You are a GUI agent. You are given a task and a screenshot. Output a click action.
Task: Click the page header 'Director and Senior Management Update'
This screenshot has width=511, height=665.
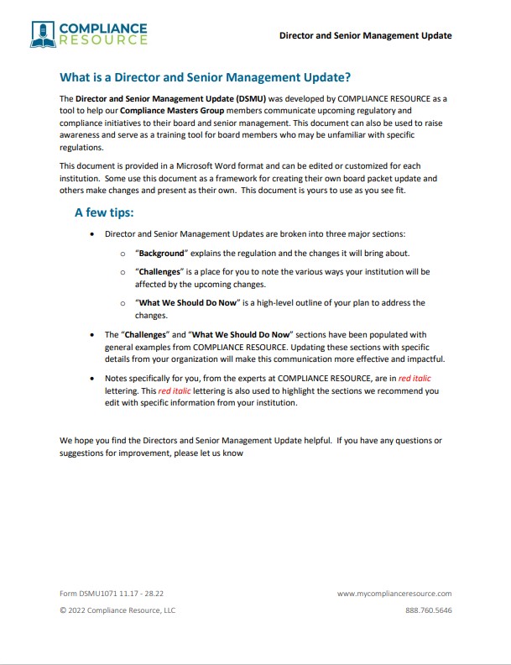coord(365,35)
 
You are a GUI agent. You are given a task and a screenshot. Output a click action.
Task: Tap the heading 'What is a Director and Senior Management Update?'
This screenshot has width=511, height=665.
coord(205,78)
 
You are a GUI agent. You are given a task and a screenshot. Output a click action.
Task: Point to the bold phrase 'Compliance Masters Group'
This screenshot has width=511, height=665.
coord(173,111)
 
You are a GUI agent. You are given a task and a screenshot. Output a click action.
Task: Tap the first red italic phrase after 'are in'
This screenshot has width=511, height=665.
coord(417,379)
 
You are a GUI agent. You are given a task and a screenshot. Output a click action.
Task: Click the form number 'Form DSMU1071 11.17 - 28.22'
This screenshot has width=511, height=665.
coord(112,593)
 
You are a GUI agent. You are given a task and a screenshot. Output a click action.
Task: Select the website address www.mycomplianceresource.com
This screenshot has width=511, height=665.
coord(394,593)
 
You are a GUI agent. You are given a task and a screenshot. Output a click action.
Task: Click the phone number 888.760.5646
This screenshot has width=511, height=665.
coord(428,610)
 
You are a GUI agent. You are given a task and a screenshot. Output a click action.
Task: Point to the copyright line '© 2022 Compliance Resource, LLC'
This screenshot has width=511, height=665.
coord(117,610)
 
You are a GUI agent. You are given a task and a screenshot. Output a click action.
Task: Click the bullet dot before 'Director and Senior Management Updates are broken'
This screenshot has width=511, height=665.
coord(92,234)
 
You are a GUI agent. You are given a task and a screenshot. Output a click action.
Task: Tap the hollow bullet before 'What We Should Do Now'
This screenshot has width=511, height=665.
coord(123,302)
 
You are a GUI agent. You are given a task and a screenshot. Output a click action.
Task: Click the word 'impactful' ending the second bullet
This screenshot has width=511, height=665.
coord(422,359)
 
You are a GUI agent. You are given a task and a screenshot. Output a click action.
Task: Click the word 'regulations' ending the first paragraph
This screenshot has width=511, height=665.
coord(81,148)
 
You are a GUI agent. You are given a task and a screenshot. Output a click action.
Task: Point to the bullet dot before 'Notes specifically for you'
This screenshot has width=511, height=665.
coord(92,379)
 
